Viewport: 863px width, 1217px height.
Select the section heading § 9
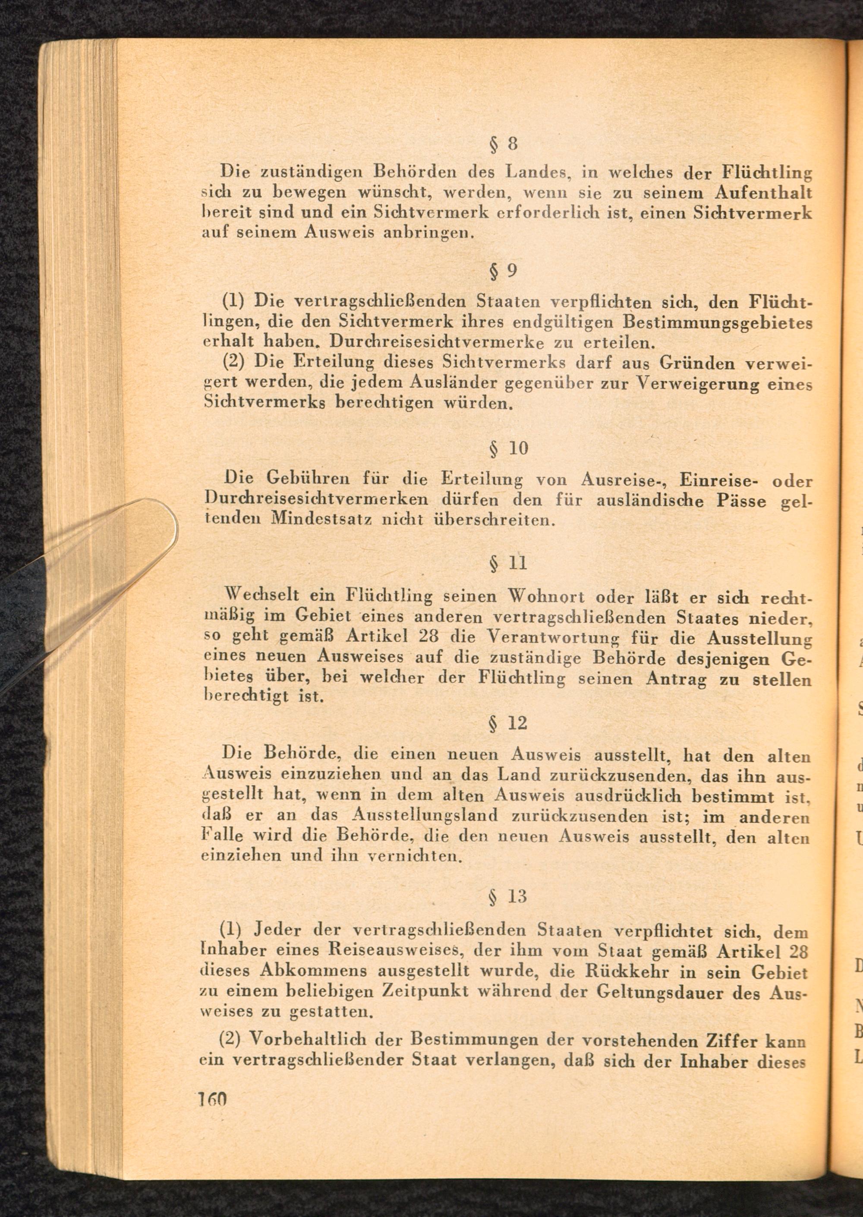click(502, 271)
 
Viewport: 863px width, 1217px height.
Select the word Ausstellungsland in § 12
click(425, 815)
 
